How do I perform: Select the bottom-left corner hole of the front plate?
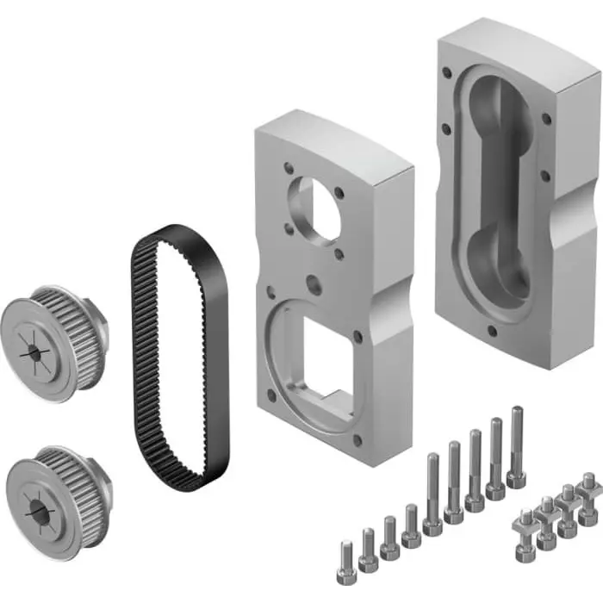tap(272, 394)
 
